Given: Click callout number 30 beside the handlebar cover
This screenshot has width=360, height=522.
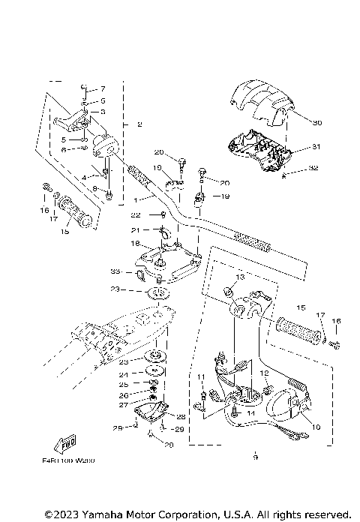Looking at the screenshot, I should coord(316,122).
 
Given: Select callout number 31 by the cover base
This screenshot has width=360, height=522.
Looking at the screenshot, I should coord(316,147).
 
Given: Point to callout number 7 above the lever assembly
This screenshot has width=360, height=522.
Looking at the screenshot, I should coord(103,88).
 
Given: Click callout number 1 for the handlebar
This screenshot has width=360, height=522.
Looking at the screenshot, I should coord(135,200).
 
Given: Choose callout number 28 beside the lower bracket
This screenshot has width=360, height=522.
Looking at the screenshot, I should coord(181,417).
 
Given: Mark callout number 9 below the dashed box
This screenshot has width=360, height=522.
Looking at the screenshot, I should coord(255,455).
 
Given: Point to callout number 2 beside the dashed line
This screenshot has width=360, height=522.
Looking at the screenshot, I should coord(139,124).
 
